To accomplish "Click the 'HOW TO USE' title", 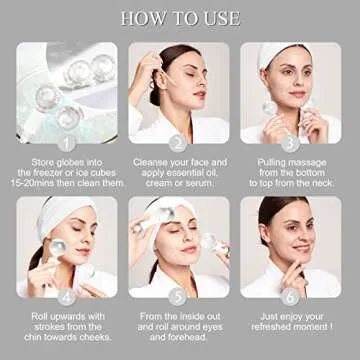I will [x=180, y=18].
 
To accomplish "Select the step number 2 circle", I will [x=179, y=142].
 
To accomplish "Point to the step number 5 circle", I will [x=179, y=296].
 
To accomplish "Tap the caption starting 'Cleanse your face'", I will [x=179, y=173].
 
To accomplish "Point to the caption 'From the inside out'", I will [x=179, y=327].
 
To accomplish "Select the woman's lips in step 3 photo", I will [x=286, y=100].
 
